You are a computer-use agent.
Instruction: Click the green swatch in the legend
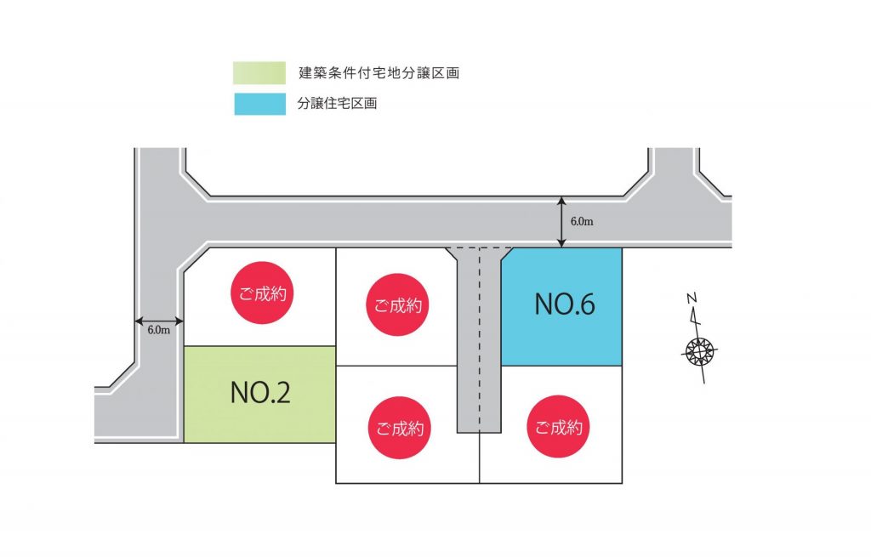[x=260, y=73]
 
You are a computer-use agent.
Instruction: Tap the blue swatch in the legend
[x=260, y=105]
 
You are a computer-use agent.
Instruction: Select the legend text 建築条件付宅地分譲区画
[x=379, y=73]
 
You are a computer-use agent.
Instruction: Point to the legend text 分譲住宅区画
[x=338, y=105]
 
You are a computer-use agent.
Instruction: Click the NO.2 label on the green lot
[x=260, y=392]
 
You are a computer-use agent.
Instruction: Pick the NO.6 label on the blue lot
[x=564, y=304]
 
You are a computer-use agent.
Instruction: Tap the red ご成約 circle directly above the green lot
[x=261, y=294]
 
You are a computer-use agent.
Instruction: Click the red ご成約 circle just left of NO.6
[x=397, y=305]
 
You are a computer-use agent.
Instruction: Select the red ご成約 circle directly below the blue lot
[x=558, y=427]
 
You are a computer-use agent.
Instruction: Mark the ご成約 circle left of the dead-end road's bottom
[x=397, y=428]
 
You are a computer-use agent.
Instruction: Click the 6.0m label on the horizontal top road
[x=582, y=222]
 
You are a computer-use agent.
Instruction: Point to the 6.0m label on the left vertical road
[x=159, y=330]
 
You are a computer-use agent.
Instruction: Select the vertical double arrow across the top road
[x=561, y=222]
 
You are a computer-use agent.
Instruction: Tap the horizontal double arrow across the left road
[x=159, y=321]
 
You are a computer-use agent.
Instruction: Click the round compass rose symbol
[x=700, y=350]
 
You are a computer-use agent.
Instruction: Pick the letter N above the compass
[x=692, y=298]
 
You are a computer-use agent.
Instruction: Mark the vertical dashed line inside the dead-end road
[x=481, y=340]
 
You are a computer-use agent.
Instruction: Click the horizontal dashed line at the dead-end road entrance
[x=480, y=248]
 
